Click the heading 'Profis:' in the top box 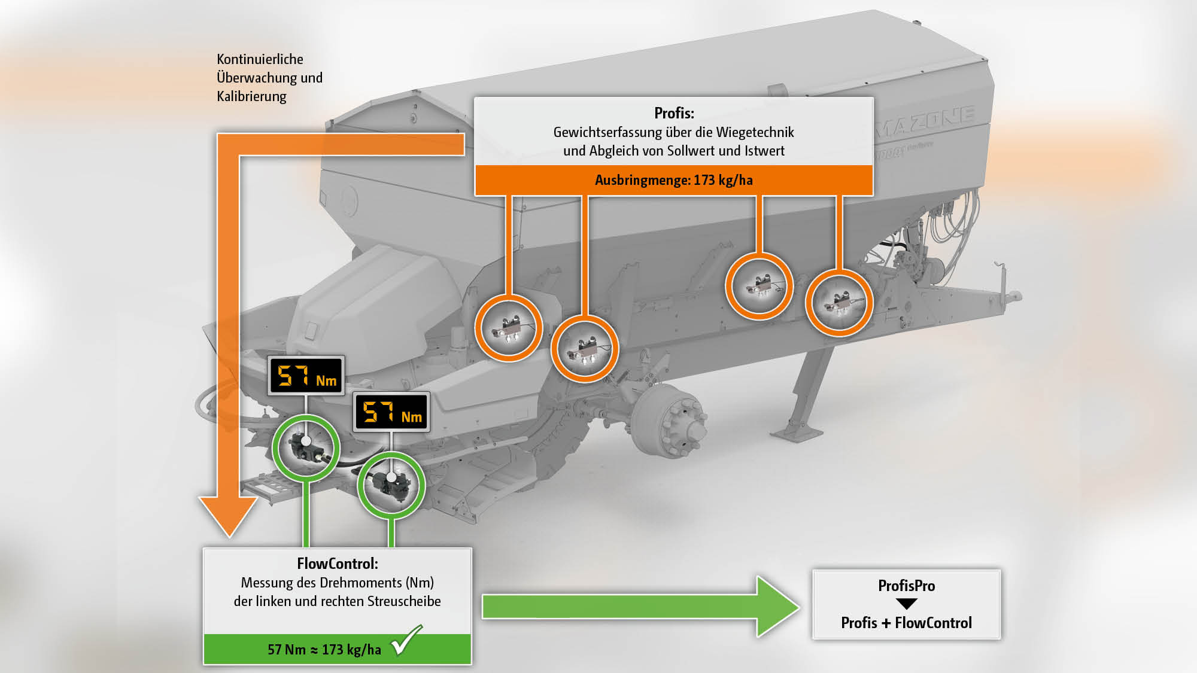[674, 113]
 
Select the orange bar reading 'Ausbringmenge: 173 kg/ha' [674, 180]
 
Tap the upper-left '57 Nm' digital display [306, 376]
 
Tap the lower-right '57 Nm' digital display [391, 412]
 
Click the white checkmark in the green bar [406, 640]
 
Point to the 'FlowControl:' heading [337, 564]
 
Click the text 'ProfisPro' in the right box [906, 586]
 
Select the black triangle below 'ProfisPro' [906, 604]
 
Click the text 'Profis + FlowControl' [906, 623]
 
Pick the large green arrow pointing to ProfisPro [640, 607]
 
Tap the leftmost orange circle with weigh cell [509, 328]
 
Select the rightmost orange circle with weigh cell [838, 303]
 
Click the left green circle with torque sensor [306, 448]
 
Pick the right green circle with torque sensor [391, 485]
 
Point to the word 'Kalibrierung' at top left [251, 96]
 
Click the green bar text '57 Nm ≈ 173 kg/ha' [324, 650]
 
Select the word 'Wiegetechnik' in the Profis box [755, 132]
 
